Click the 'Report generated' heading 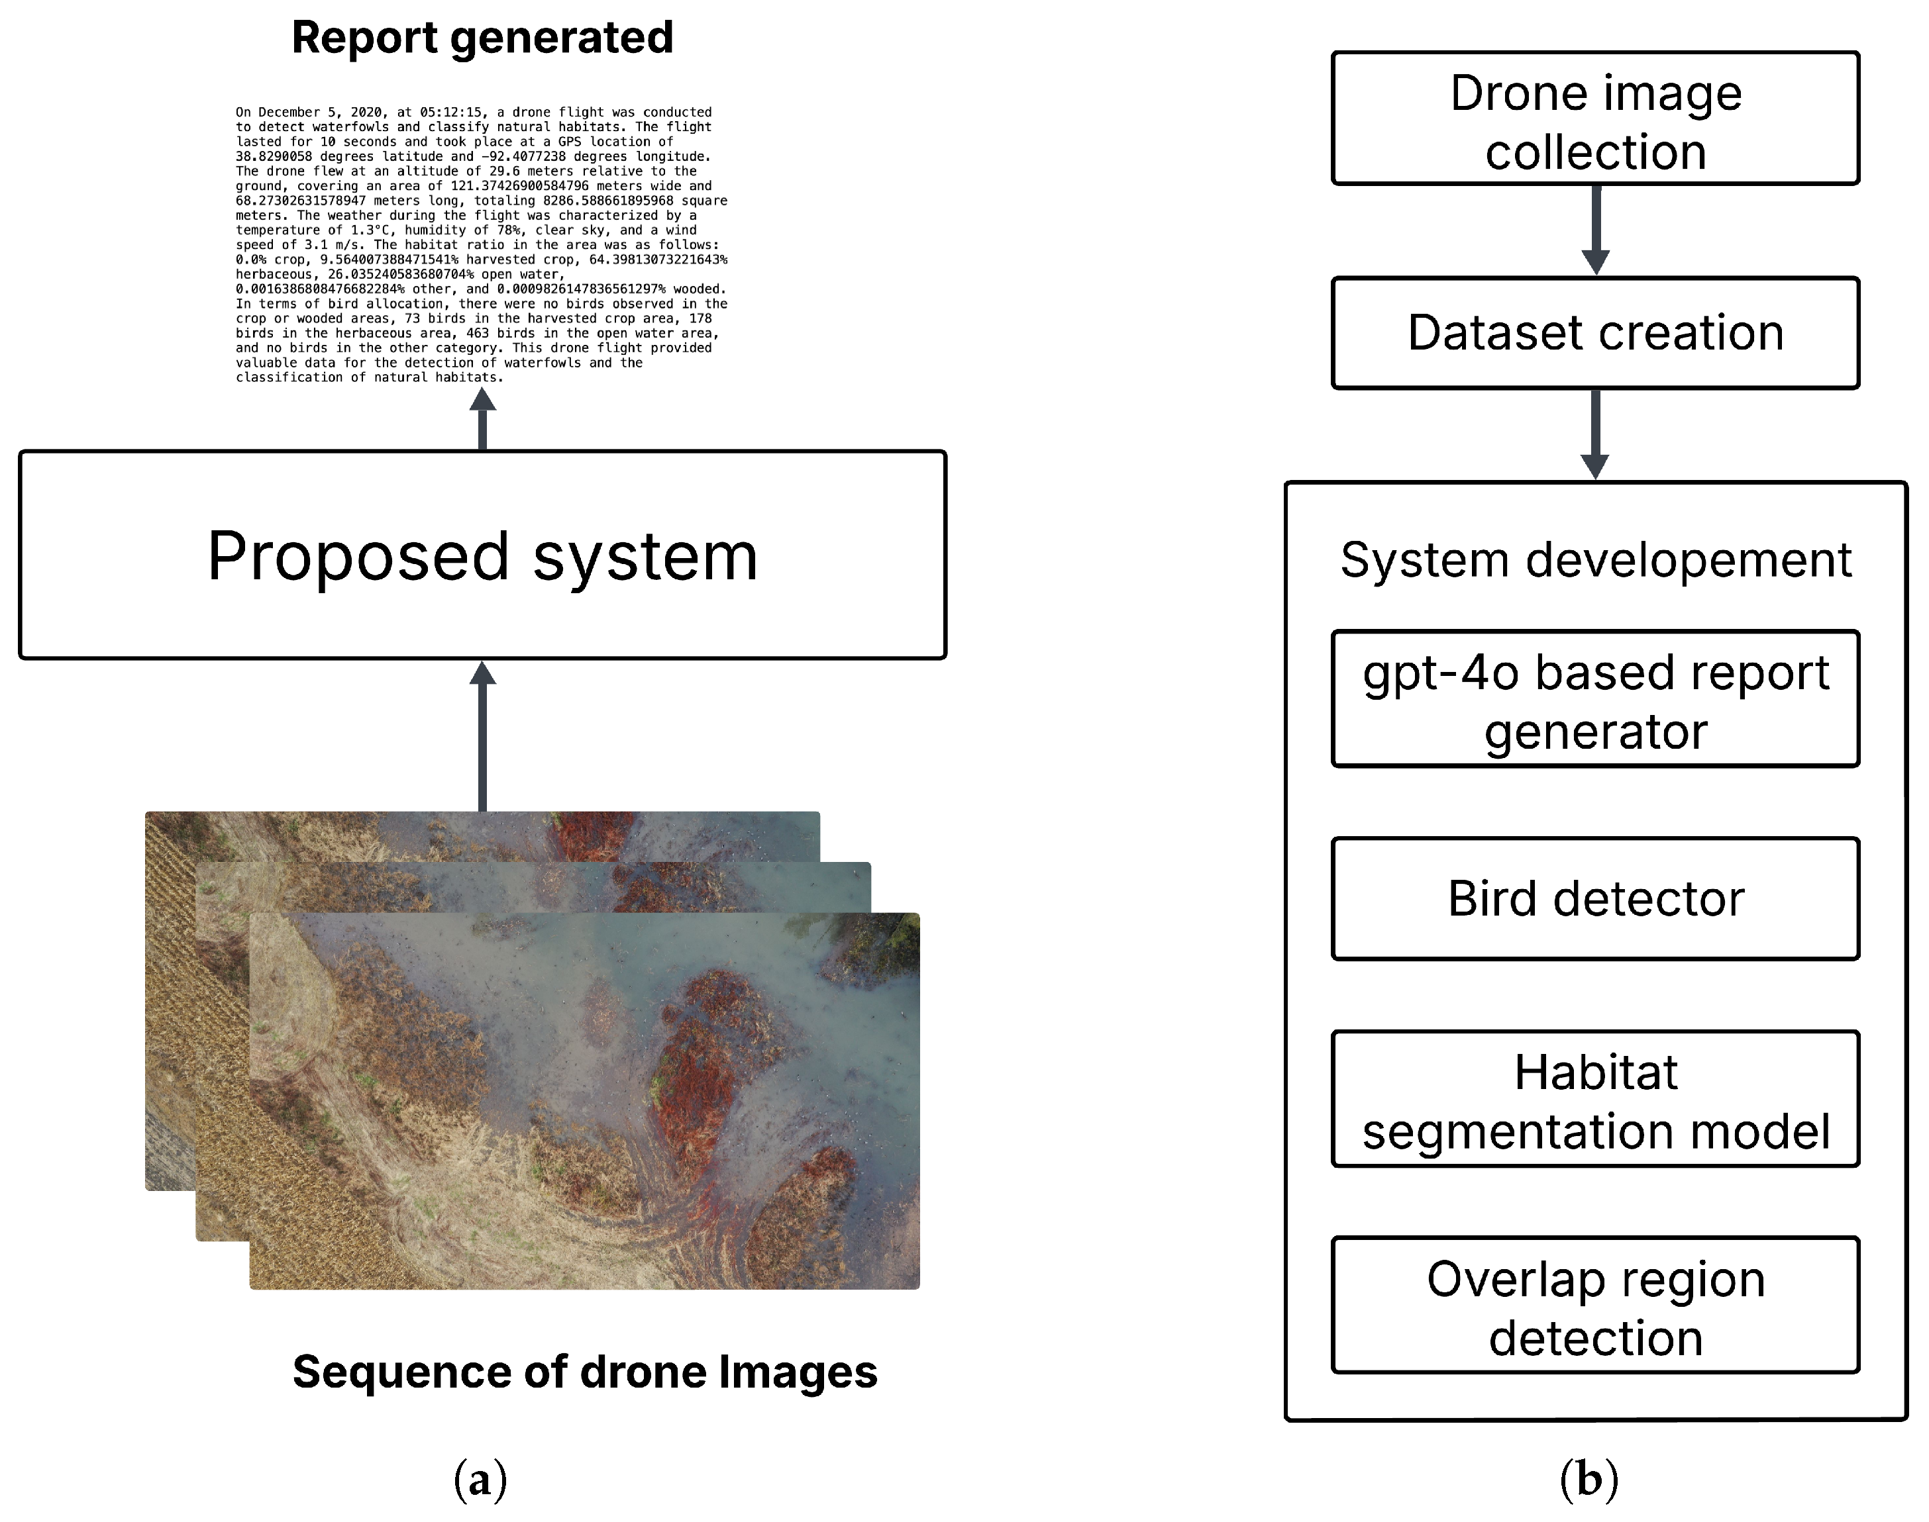point(482,38)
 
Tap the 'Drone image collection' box point(1594,119)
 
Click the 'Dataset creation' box point(1594,332)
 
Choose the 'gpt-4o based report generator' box point(1594,700)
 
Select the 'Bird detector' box point(1594,898)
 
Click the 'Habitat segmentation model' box point(1594,1100)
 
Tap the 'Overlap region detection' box point(1594,1306)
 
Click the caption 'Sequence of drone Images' point(585,1372)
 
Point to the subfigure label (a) point(480,1480)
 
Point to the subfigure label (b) point(1589,1480)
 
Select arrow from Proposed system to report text point(482,420)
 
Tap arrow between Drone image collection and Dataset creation point(1594,229)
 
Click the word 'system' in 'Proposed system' point(645,557)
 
